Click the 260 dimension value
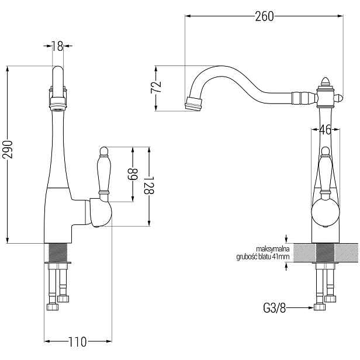point(265,16)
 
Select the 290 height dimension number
point(8,150)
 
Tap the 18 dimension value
point(57,46)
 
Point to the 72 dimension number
point(156,87)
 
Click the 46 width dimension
point(326,130)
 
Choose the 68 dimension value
point(133,175)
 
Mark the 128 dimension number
point(149,185)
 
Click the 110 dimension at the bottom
point(78,342)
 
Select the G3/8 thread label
point(274,308)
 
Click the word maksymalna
point(273,248)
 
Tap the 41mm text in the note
point(281,257)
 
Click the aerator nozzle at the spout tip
point(193,104)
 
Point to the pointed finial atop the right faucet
point(325,81)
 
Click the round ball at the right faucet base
point(326,213)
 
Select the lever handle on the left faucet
point(104,174)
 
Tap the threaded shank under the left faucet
point(58,252)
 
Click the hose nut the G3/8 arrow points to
point(320,307)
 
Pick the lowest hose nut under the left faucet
point(53,307)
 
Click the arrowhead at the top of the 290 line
point(8,68)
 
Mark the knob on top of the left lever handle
point(104,151)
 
